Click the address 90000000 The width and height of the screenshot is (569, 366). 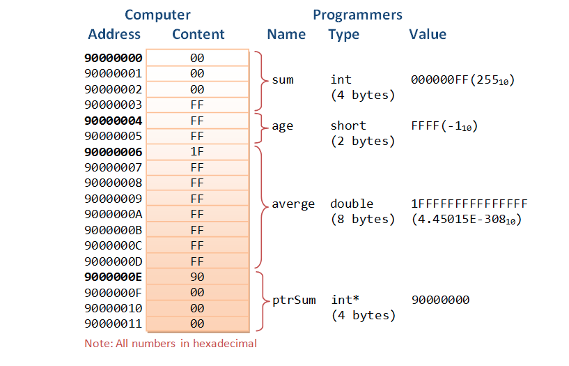point(113,58)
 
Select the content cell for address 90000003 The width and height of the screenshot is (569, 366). point(197,105)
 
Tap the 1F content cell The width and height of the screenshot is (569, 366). point(197,152)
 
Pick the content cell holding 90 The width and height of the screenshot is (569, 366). point(197,277)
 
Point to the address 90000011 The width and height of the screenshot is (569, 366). point(113,323)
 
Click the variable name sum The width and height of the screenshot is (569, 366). point(283,79)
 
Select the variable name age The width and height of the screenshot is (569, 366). point(283,126)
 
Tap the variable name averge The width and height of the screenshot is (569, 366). point(293,204)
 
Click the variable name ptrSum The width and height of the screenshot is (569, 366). point(293,300)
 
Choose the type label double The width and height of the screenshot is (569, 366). point(352,204)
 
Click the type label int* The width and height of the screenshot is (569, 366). point(345,300)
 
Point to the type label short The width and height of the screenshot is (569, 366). point(348,125)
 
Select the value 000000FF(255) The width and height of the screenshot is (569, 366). point(463,80)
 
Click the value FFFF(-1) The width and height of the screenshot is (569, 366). point(444,126)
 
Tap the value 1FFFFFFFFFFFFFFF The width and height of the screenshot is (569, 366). point(469,204)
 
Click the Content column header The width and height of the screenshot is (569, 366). point(198,34)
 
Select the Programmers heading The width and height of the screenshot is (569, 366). point(357,15)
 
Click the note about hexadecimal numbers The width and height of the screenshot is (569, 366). point(171,343)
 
